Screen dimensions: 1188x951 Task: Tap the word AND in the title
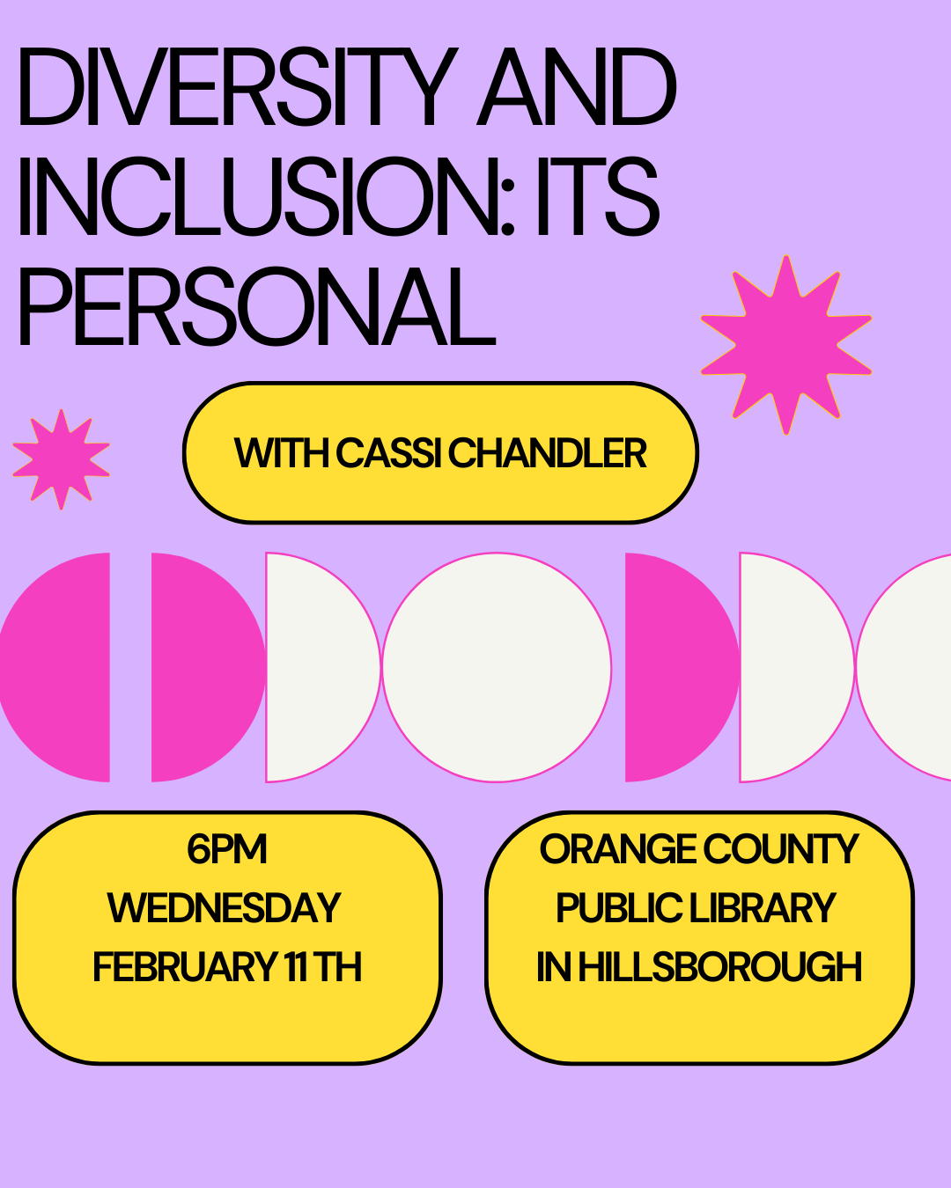[577, 88]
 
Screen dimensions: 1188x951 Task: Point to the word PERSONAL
[255, 307]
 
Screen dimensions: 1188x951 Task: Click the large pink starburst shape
[785, 345]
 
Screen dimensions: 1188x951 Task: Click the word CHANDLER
[547, 453]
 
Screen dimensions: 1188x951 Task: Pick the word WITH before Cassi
[281, 453]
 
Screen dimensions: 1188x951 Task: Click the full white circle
[497, 667]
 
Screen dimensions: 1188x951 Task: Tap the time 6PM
[226, 849]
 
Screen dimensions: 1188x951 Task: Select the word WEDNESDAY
[225, 908]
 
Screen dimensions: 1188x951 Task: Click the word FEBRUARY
[185, 967]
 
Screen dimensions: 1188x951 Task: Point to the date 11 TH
[323, 967]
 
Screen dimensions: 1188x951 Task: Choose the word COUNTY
[780, 849]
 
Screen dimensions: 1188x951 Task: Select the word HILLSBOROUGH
[719, 967]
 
